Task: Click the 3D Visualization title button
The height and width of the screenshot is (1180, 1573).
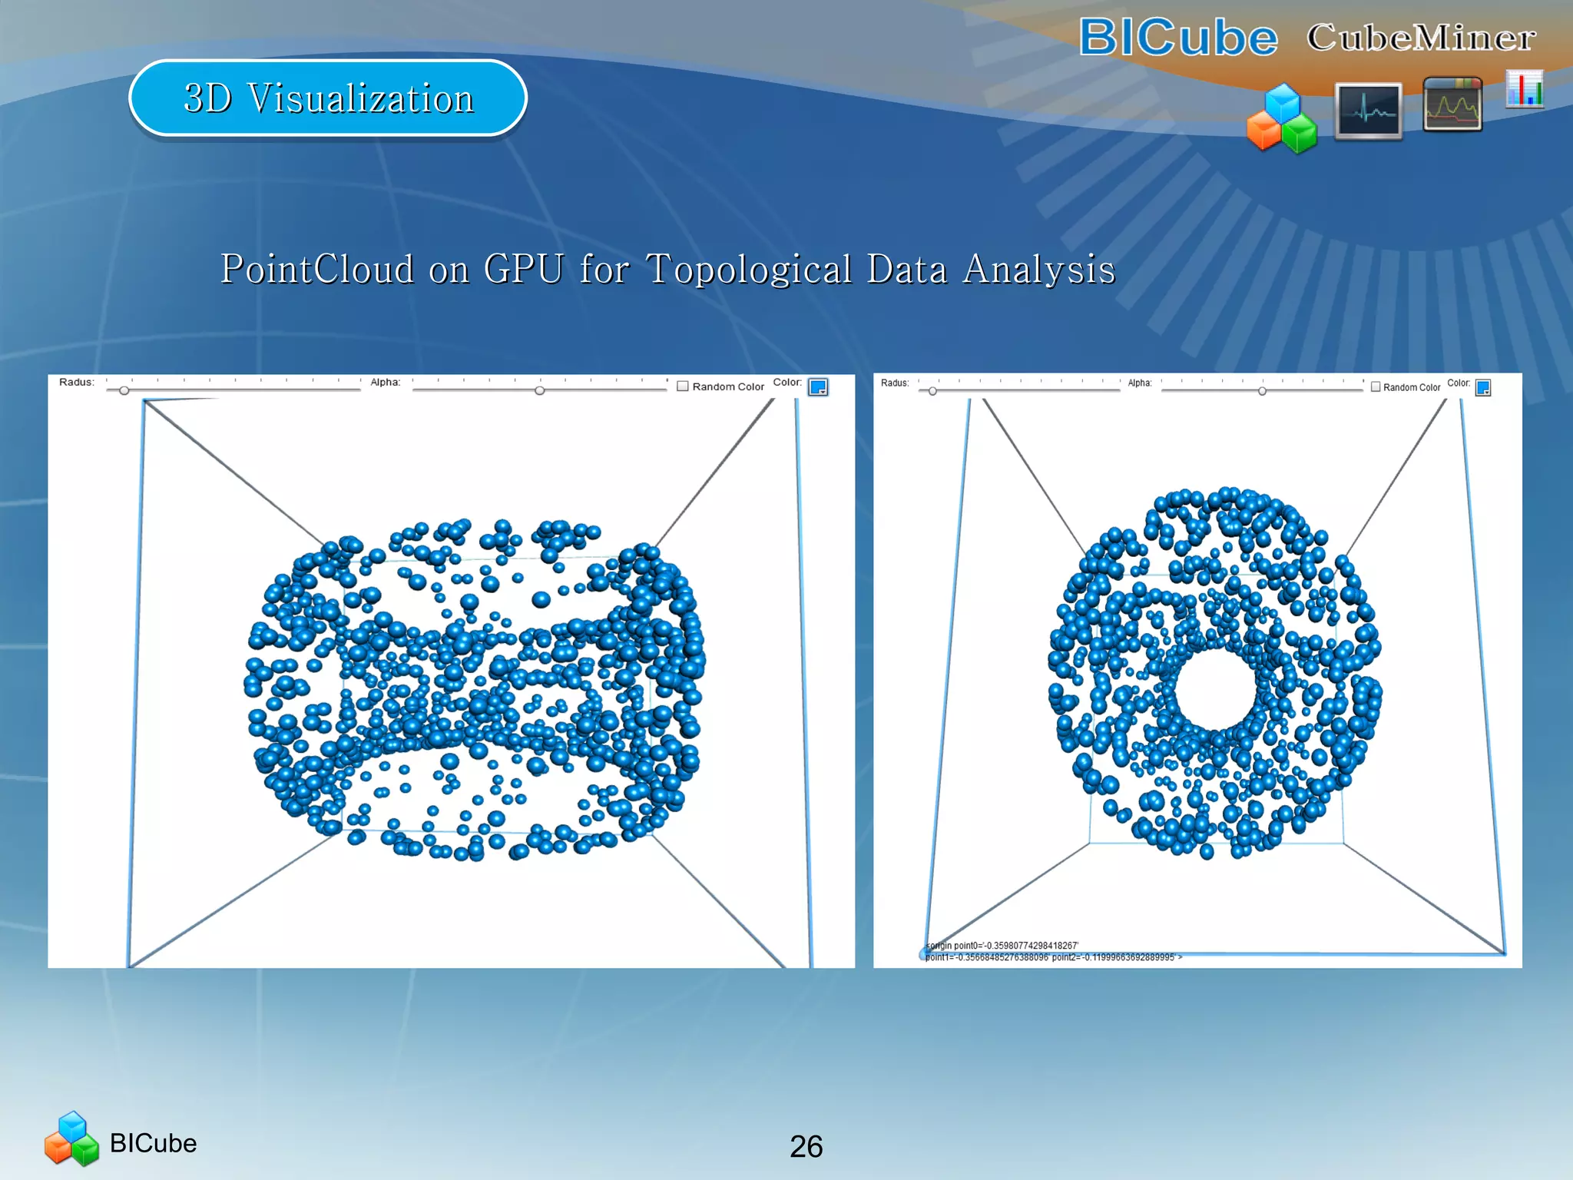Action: [328, 98]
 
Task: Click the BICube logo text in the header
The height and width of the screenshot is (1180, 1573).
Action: [1178, 38]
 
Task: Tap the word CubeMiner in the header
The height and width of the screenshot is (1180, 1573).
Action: [1421, 38]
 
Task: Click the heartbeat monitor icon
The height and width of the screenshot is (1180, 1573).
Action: [1368, 111]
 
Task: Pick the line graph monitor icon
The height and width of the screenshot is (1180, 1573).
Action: [1452, 104]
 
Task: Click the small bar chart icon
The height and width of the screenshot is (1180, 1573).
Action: [1525, 89]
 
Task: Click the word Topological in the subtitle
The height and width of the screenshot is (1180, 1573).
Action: [749, 269]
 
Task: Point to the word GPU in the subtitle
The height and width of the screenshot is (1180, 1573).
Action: [523, 269]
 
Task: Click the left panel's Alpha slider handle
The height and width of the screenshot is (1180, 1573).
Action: [540, 391]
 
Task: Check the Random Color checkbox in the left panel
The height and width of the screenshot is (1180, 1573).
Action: [683, 386]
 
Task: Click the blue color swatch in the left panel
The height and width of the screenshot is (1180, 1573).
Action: [818, 387]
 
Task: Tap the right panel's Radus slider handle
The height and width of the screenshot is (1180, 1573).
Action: [932, 391]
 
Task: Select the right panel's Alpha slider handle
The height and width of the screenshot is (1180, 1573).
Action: [1262, 391]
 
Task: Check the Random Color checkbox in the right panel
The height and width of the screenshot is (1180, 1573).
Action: [1376, 387]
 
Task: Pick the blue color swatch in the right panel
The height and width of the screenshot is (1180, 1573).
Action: [1483, 388]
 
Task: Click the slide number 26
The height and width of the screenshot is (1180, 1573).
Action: [806, 1146]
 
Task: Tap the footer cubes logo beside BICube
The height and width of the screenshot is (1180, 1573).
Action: [71, 1139]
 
